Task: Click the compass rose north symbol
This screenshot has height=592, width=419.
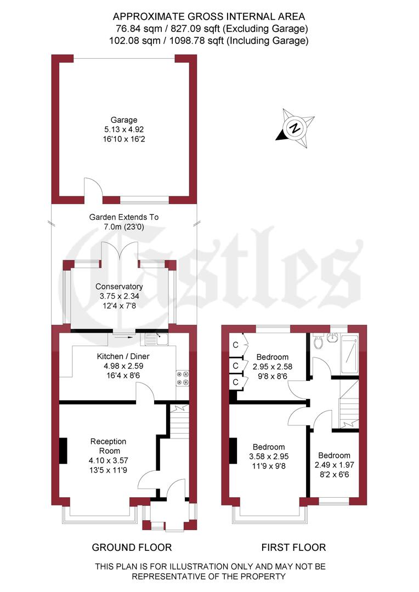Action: pos(296,129)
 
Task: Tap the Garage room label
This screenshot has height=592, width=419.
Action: pos(124,120)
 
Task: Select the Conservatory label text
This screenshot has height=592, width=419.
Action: pos(119,287)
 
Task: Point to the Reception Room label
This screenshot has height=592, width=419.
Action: pos(109,441)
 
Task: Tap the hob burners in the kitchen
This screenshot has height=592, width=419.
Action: pos(183,378)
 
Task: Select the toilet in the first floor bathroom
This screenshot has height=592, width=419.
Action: pos(319,343)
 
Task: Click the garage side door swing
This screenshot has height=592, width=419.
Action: pos(92,187)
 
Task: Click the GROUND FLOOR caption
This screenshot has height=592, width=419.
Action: pos(132,547)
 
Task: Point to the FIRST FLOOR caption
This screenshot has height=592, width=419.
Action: pos(293,547)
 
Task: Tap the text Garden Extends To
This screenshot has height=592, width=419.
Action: pos(124,217)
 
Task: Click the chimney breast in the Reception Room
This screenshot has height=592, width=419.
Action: pos(64,451)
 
